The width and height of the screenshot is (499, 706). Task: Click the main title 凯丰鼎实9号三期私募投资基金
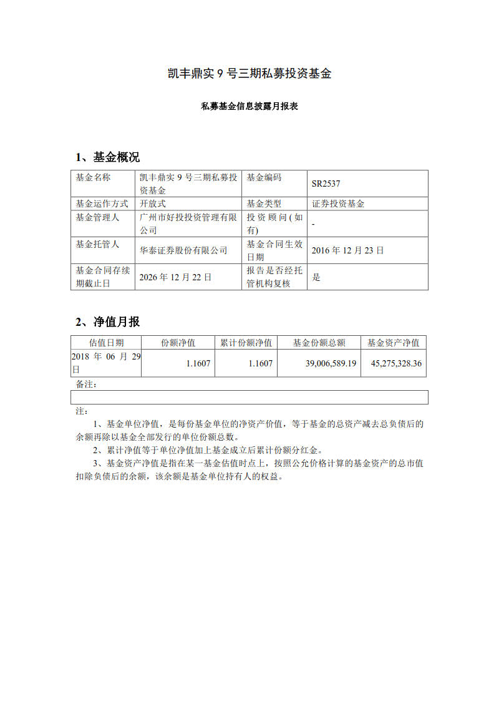[249, 74]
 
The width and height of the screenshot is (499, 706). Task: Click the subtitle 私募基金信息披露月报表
[249, 107]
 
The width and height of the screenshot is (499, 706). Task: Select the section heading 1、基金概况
[108, 157]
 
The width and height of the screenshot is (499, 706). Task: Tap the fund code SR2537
[326, 184]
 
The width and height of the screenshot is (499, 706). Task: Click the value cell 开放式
[153, 203]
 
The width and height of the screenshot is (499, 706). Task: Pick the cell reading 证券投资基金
[339, 203]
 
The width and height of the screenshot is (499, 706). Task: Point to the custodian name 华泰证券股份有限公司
[183, 250]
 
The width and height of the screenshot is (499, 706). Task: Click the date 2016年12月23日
[348, 250]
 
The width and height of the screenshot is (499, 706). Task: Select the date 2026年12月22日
[175, 277]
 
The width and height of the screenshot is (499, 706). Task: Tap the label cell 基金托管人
[97, 244]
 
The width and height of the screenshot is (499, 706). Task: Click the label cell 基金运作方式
[102, 203]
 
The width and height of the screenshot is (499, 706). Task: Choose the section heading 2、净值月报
[108, 322]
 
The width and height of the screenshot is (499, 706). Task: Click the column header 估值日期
[106, 343]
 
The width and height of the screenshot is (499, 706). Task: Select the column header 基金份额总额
[319, 343]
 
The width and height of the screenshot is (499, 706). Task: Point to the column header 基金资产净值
[393, 343]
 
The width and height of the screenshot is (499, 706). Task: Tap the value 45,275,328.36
[396, 363]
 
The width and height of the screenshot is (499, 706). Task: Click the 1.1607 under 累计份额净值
[260, 363]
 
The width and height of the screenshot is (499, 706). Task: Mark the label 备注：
[86, 384]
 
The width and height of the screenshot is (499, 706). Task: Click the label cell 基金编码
[264, 178]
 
